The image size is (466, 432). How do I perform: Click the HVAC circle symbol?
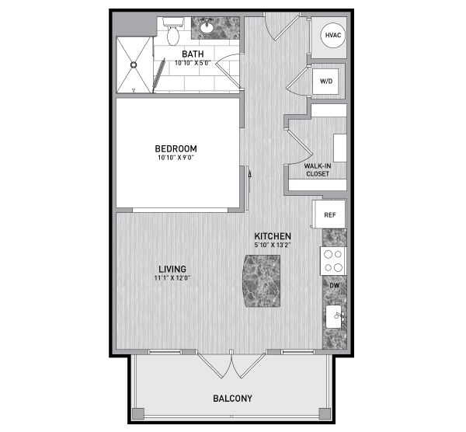pos(333,36)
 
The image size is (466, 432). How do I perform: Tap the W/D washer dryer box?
pos(325,81)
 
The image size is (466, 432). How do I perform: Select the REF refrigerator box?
pos(329,214)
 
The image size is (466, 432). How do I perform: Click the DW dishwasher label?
pos(335,285)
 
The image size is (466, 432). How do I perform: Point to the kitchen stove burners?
pos(333,261)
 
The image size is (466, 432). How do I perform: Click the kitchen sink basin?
pos(334,316)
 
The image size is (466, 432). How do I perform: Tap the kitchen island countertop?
pos(262,281)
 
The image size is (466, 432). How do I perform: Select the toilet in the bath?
pos(173,31)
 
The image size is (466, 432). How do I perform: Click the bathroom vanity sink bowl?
pos(207,28)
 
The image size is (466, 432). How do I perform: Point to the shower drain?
pos(134,64)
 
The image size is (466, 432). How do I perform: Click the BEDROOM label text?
pos(176,148)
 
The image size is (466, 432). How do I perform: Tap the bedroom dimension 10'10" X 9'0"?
pos(176,158)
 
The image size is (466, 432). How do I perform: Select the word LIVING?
pos(172,270)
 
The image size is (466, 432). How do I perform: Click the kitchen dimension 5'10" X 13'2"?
pos(273,246)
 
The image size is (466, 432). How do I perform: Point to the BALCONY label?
pos(233,399)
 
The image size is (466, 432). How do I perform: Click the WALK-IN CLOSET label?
pos(318,170)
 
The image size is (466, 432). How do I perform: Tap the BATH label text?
pos(193,54)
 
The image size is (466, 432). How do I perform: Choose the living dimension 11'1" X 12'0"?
pos(172,278)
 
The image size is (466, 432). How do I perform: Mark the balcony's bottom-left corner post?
pos(138,413)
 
